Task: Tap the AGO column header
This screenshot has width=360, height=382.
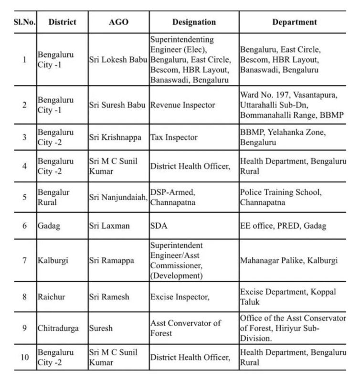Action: coord(118,22)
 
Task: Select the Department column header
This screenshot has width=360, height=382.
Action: coord(294,22)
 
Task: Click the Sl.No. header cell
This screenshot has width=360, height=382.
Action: coord(23,22)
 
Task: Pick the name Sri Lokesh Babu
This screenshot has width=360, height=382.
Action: coord(118,60)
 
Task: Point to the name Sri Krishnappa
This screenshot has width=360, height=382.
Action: coord(115,137)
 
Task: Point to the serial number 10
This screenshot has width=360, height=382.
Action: coord(24,357)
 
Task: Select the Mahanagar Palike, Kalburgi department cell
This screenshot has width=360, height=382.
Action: coord(289,260)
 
